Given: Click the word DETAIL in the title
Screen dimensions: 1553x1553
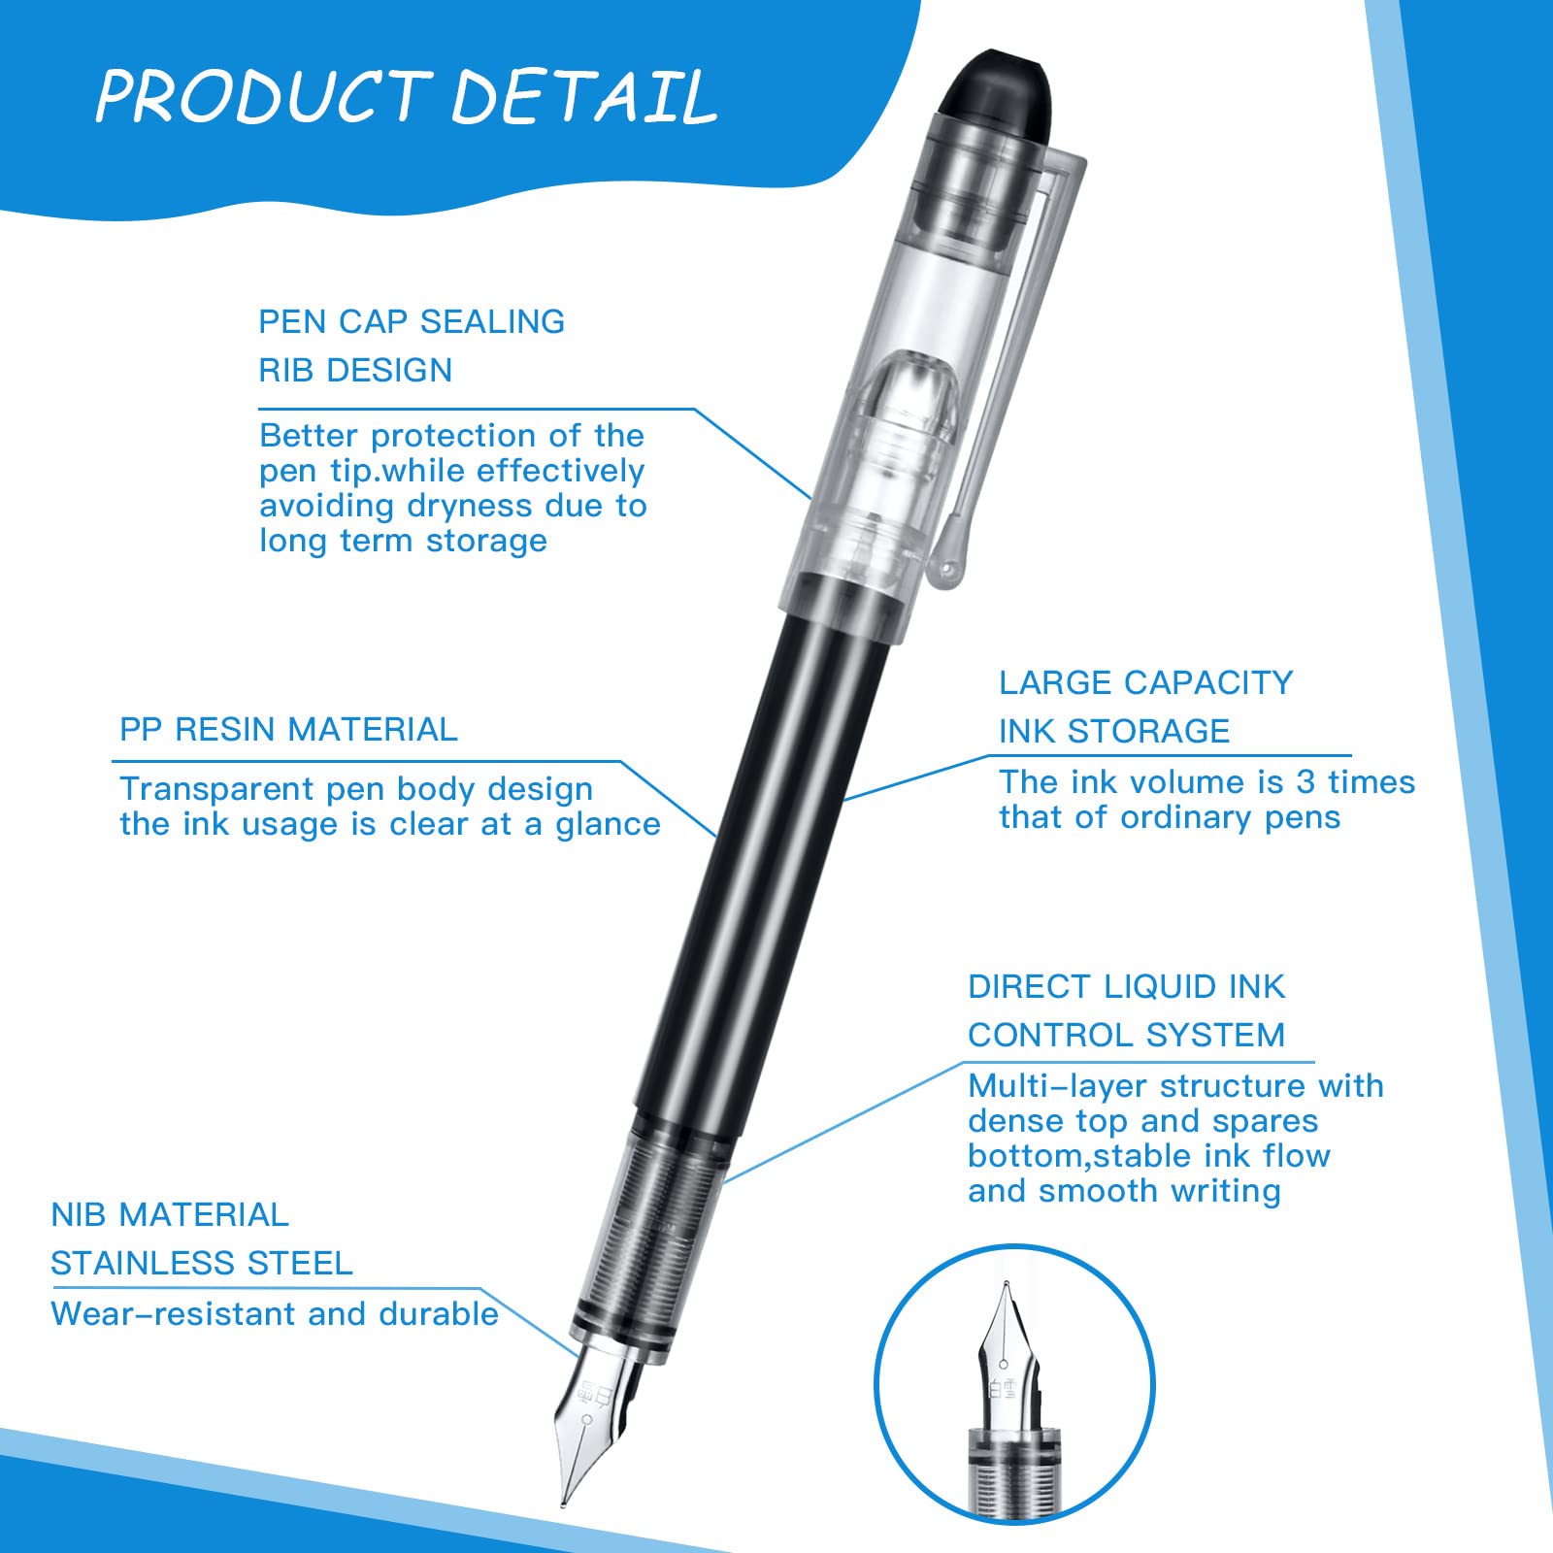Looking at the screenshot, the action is click(584, 96).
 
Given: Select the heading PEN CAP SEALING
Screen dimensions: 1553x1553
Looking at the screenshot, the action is click(412, 321).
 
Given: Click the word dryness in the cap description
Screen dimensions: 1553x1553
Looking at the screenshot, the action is click(470, 507).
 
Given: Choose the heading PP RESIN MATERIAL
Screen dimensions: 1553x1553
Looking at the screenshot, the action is click(288, 729).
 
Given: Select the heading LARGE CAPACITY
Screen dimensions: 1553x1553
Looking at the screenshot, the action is click(1146, 682).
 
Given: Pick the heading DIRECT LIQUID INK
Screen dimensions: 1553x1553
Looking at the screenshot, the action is click(1126, 986).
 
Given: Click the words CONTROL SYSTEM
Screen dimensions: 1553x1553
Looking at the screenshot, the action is click(1126, 1035).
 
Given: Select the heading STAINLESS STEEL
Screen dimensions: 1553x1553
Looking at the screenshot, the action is click(202, 1263).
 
